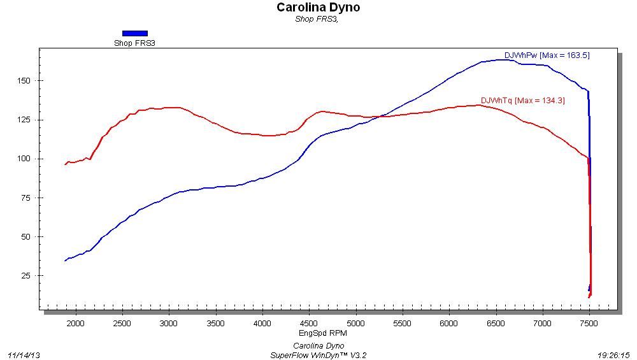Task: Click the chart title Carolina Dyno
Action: pos(318,8)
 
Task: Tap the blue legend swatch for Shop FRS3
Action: pos(134,33)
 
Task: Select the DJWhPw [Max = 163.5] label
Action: pos(547,55)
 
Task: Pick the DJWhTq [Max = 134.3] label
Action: pos(522,101)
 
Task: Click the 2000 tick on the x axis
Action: pos(76,324)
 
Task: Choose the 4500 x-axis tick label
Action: pos(309,324)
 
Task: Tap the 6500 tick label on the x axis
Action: pos(496,324)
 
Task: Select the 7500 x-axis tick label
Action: pos(589,324)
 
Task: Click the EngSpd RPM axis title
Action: pos(323,333)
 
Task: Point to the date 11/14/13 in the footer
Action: pos(24,355)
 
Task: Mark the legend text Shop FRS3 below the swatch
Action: pos(134,43)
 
